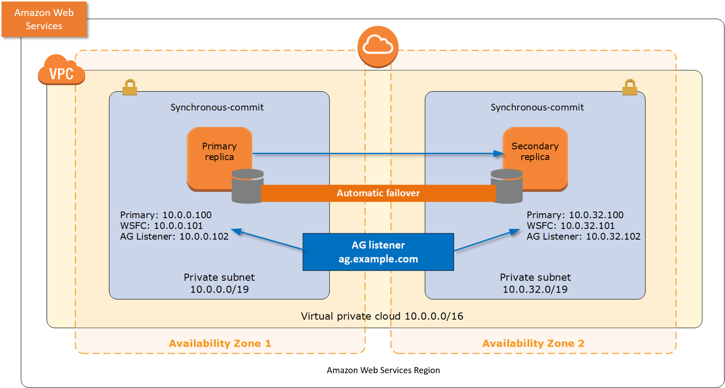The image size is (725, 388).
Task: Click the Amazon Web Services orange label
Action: tap(44, 19)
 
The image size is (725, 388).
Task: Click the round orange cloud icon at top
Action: tap(378, 46)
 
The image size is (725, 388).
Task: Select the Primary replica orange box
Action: tap(219, 152)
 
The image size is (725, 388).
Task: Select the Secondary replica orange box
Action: tap(535, 152)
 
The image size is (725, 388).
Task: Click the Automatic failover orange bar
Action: tap(378, 193)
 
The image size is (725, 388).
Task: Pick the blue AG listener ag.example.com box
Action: tap(378, 252)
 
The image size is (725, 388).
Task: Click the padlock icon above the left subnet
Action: tap(130, 87)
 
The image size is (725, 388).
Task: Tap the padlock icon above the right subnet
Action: tap(630, 87)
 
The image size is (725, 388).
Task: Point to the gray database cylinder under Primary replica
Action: tap(247, 186)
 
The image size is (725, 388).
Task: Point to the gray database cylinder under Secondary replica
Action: tap(506, 186)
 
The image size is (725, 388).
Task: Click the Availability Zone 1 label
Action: tap(220, 343)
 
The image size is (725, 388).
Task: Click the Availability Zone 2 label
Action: tap(533, 343)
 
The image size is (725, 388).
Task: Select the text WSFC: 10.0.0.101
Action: tap(161, 226)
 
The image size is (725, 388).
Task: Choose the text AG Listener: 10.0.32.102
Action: tap(583, 237)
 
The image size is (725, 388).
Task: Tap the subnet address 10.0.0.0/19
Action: tap(219, 289)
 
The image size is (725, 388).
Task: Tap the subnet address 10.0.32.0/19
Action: tap(535, 289)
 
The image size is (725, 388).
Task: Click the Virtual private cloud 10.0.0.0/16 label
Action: tap(382, 316)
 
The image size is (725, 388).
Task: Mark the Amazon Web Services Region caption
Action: tap(383, 370)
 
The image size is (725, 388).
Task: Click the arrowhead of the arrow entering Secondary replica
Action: tap(499, 153)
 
